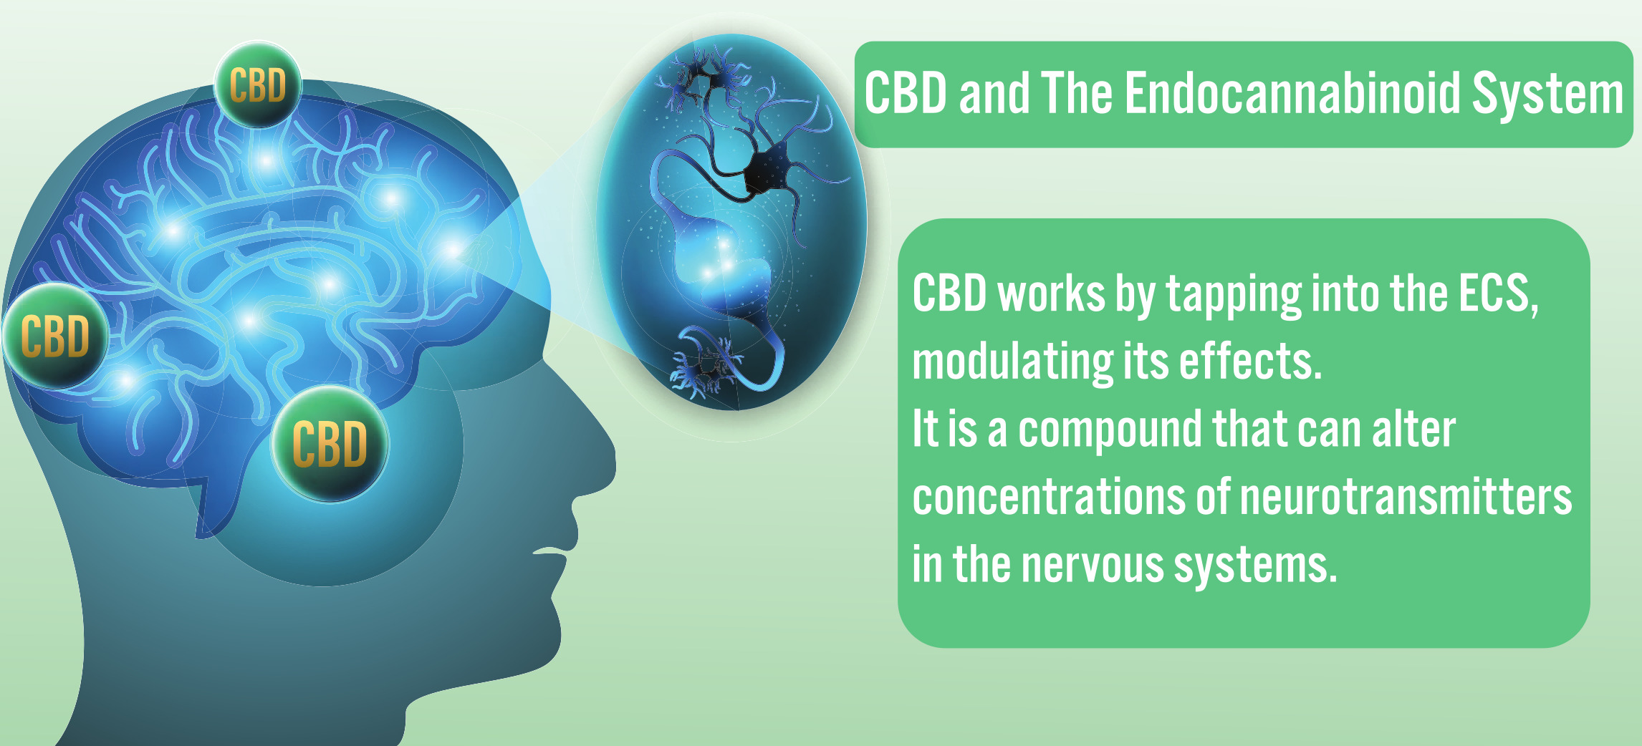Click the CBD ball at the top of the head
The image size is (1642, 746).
pyautogui.click(x=258, y=85)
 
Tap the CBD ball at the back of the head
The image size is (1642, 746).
pyautogui.click(x=56, y=336)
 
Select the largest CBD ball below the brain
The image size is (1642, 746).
pyautogui.click(x=330, y=443)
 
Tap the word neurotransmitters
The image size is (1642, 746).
pyautogui.click(x=1406, y=497)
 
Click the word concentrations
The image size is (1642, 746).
pyautogui.click(x=1049, y=497)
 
